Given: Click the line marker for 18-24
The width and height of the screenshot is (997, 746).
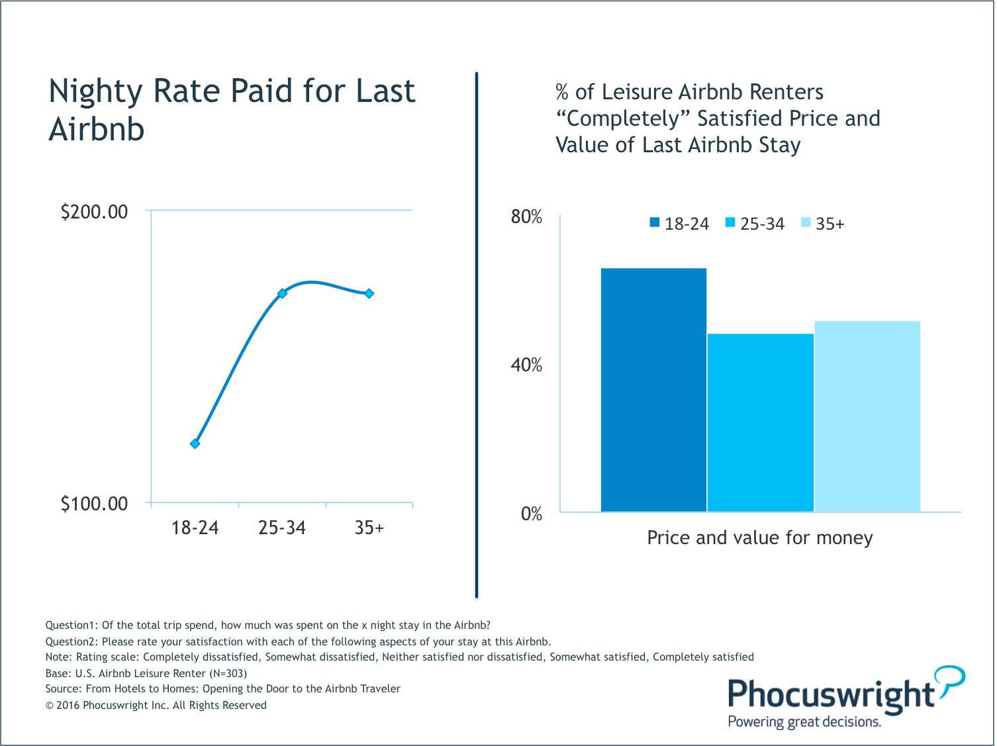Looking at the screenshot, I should tap(195, 443).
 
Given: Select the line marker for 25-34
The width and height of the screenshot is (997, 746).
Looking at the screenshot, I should tap(282, 293).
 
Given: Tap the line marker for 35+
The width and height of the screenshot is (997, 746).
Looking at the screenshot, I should tap(369, 293).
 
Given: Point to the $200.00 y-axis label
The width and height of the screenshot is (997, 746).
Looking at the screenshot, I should tap(94, 212).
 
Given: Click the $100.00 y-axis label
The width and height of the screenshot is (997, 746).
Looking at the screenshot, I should tap(94, 504).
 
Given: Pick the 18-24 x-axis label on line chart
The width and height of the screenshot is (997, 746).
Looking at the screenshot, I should tap(195, 528).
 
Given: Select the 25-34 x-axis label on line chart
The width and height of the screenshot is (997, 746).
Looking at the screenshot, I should tap(282, 528).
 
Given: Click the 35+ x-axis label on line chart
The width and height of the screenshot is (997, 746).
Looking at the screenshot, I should tap(369, 528).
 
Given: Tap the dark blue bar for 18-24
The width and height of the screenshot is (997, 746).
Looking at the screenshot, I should tap(653, 390).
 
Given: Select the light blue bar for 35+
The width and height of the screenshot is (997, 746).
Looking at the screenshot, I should tap(867, 416).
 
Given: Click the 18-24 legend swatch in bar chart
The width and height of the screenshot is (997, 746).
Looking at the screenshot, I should tap(655, 223).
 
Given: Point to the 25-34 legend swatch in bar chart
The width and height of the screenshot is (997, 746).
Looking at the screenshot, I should tap(730, 223).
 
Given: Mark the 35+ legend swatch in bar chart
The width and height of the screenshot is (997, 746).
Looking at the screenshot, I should tap(806, 223).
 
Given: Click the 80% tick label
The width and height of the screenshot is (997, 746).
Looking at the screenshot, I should tap(526, 216).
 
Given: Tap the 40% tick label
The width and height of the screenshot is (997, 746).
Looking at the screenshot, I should tap(526, 365).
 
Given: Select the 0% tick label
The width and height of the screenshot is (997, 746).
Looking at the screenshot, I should tap(531, 514).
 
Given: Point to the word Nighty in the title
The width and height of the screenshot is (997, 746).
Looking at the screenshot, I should tap(95, 92).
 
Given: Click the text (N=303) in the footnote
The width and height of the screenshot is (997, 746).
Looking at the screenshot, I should tap(228, 673).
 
